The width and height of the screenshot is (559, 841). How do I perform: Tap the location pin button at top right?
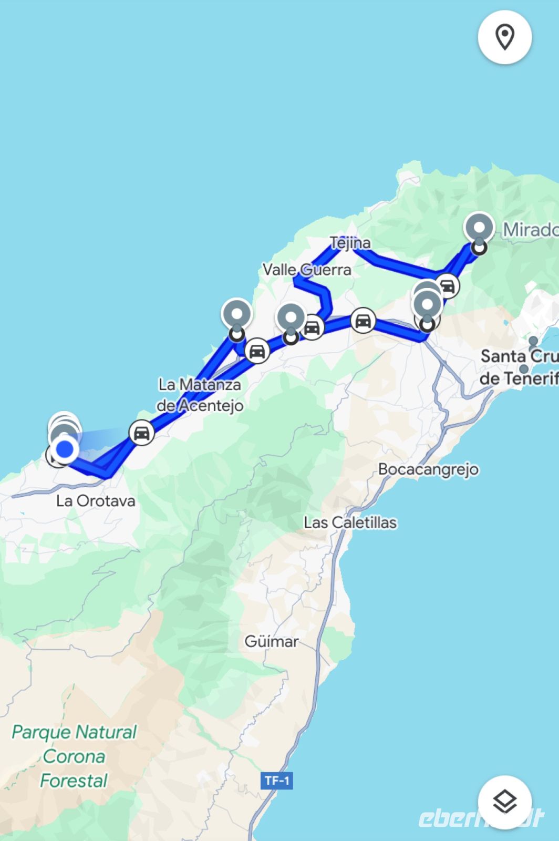click(504, 37)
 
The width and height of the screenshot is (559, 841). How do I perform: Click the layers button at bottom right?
click(504, 802)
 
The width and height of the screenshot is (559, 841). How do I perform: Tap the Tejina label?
click(350, 243)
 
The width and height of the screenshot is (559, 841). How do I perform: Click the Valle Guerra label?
click(307, 270)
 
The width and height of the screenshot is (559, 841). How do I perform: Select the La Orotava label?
click(96, 500)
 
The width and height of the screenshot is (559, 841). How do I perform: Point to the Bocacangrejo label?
click(428, 469)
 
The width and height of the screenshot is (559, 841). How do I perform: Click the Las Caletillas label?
click(350, 522)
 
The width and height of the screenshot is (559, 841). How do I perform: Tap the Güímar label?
click(271, 641)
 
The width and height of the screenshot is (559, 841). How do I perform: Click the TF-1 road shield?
click(277, 781)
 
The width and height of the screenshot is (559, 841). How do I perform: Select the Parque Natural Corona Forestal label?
click(74, 756)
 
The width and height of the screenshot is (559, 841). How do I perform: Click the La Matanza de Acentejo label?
click(200, 395)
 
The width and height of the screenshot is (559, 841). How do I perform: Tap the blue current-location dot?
click(65, 449)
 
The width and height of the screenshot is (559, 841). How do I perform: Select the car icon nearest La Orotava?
click(141, 433)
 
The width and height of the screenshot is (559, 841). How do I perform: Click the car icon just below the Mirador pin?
click(447, 286)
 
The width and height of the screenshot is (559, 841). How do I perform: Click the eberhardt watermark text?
click(481, 818)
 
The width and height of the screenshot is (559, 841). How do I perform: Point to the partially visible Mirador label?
click(530, 230)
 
